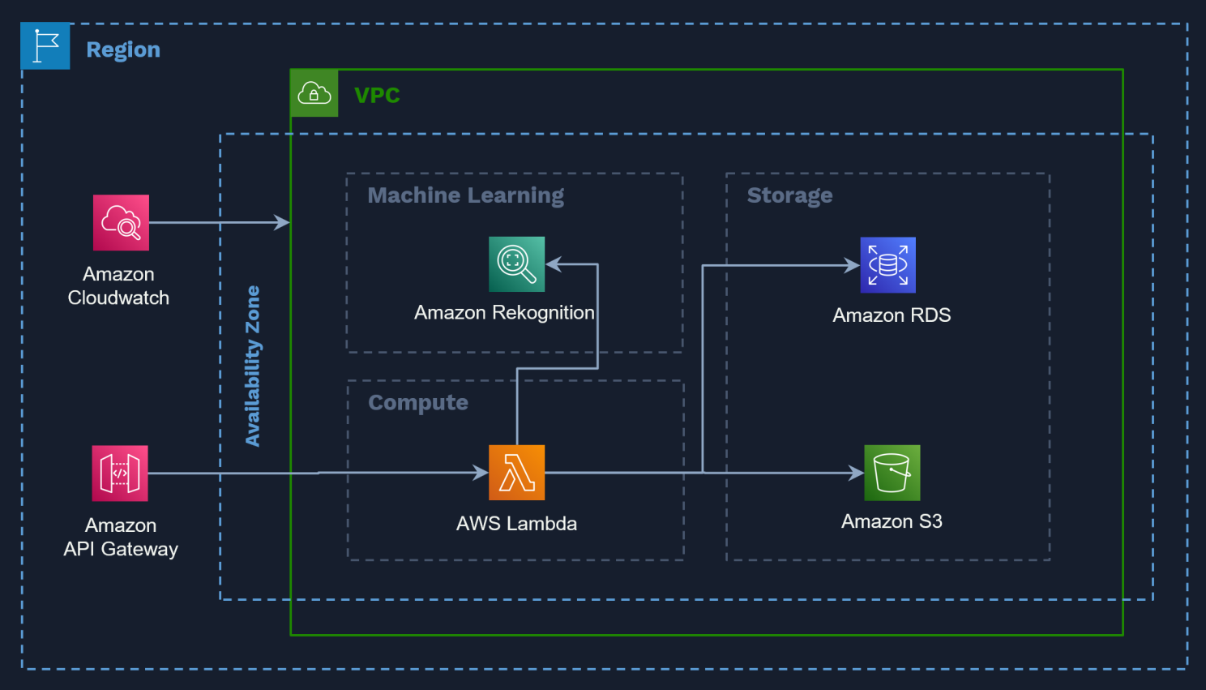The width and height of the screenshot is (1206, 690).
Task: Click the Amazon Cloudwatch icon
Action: (121, 222)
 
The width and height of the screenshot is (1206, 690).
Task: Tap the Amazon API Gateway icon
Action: (120, 473)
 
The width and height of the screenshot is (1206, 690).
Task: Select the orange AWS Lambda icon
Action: (516, 472)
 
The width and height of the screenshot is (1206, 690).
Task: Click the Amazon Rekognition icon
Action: (516, 264)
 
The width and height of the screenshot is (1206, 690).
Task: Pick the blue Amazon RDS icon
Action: (887, 264)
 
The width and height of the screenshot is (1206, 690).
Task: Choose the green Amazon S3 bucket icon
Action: (892, 472)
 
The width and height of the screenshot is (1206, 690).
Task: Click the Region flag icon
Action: (45, 46)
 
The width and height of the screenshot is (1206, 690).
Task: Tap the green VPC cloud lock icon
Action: (314, 93)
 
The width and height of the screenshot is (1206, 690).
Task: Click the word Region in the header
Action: (123, 49)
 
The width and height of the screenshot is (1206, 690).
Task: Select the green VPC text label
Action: (377, 95)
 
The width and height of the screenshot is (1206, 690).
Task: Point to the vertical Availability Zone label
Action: (253, 366)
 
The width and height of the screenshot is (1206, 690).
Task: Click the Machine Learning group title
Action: (465, 195)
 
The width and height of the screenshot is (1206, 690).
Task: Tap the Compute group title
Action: (418, 403)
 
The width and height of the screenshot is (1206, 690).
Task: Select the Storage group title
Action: (789, 195)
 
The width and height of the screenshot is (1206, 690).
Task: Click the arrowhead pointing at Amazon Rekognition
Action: (554, 264)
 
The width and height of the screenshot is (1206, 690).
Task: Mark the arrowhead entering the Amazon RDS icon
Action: (852, 265)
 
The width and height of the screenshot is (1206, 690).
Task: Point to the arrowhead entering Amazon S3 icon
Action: (856, 473)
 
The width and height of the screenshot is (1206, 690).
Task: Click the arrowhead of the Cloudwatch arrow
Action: (282, 222)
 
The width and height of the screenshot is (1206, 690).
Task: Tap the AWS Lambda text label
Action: (516, 523)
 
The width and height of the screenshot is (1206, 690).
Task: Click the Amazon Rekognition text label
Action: (504, 312)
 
